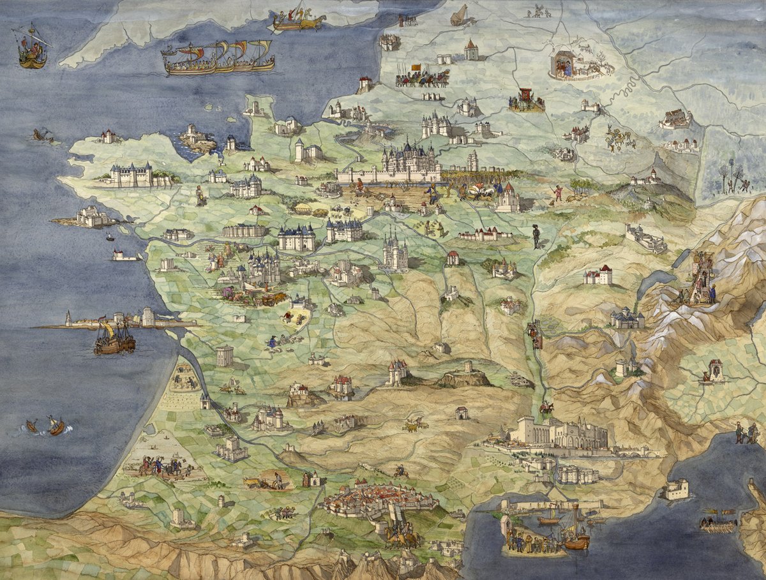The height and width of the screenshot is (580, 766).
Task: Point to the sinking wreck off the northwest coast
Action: (42, 135)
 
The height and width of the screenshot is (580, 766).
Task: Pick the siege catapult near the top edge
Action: (461, 15)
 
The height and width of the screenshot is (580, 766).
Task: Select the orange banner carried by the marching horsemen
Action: (416, 67)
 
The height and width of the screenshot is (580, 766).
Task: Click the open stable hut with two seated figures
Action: (564, 64)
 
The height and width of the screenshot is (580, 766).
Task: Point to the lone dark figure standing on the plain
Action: (536, 237)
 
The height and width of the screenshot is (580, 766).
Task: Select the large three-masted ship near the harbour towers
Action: (115, 338)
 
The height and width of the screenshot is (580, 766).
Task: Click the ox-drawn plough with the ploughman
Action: (268, 480)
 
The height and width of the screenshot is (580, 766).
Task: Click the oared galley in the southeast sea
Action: (719, 522)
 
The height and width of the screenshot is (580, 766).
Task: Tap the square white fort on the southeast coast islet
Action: (676, 489)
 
